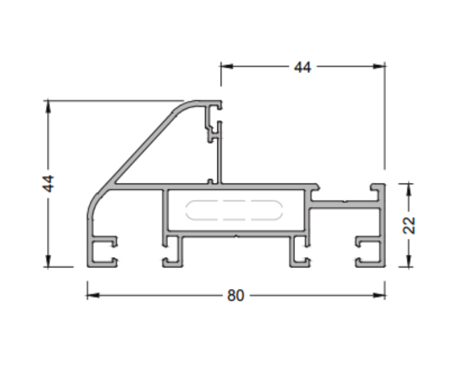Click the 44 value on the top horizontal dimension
click(x=302, y=67)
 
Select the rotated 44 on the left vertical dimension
click(x=48, y=183)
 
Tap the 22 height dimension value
click(x=409, y=225)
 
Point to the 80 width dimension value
click(x=235, y=296)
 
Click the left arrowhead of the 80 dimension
click(x=92, y=295)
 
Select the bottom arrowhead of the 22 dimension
click(x=409, y=262)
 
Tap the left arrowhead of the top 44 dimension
click(x=226, y=66)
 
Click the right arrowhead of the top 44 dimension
click(x=380, y=66)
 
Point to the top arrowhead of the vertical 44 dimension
click(x=48, y=105)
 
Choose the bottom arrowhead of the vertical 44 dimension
click(x=48, y=262)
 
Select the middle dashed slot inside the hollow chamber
click(x=235, y=210)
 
